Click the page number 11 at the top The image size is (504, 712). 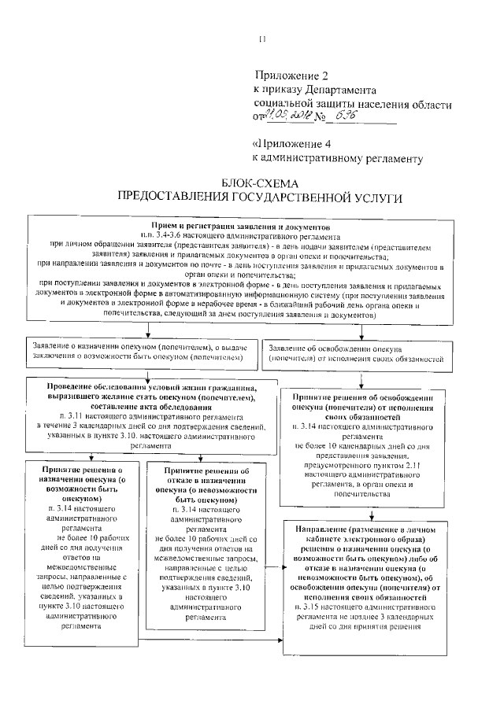coord(263,39)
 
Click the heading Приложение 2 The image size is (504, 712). coord(291,76)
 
